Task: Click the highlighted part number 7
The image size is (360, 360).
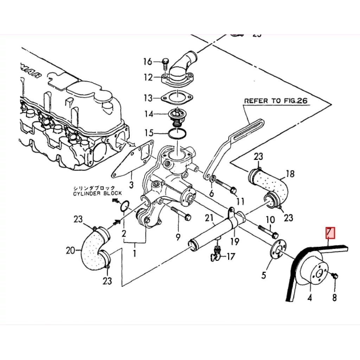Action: pos(330,233)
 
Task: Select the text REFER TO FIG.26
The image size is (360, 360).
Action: pos(276,101)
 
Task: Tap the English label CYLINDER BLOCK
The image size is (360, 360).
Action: pos(97,193)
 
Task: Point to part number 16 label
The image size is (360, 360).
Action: pos(148,62)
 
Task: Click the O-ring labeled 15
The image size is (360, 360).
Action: pos(178,134)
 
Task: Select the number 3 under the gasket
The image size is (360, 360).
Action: pos(131,185)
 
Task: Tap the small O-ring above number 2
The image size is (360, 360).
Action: pos(124,206)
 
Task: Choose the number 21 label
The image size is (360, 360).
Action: pos(210,219)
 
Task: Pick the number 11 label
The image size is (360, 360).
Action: pos(240,201)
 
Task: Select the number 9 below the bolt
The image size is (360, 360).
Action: pos(178,237)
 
